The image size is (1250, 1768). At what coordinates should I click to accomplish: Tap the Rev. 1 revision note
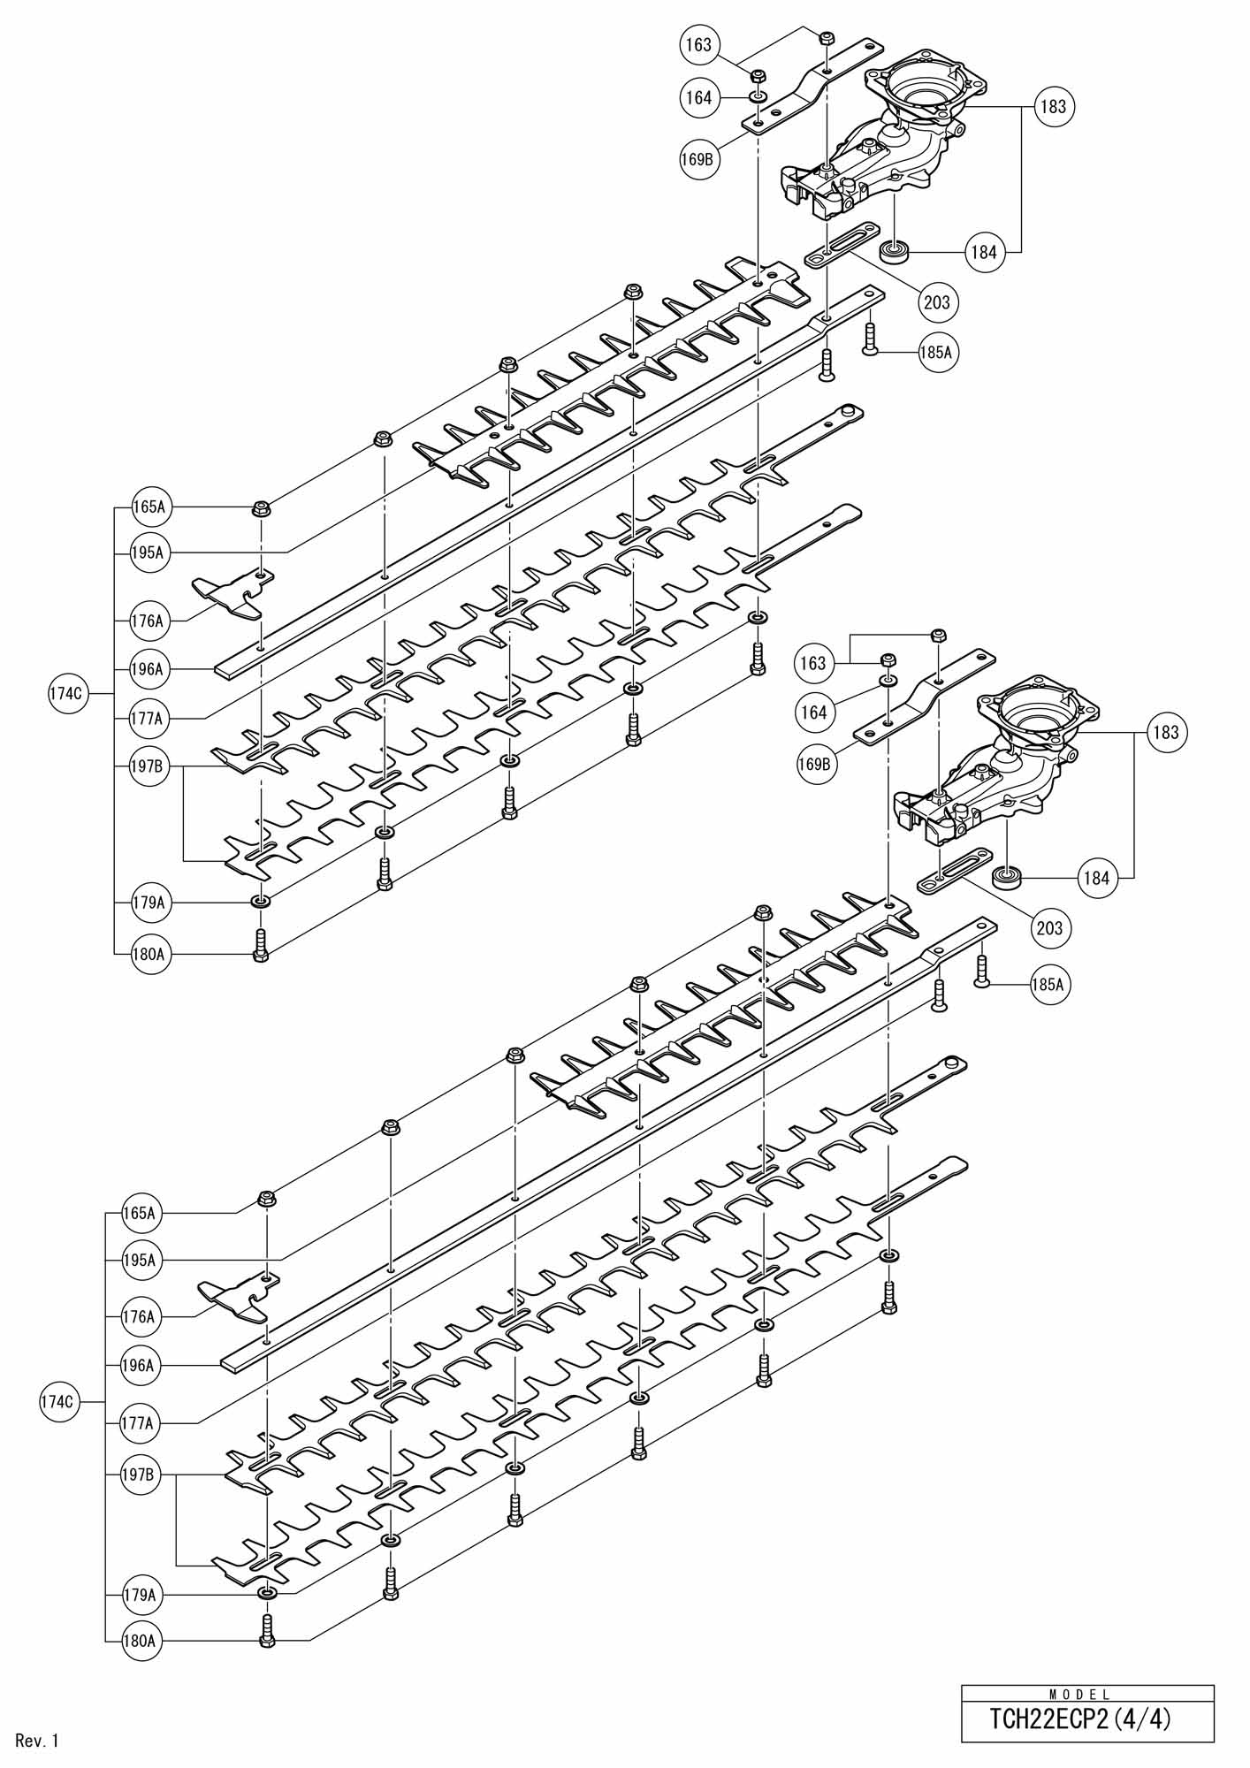pos(37,1741)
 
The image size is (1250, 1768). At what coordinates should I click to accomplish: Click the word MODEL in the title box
pos(1079,1695)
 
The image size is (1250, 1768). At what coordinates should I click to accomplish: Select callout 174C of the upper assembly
pos(66,694)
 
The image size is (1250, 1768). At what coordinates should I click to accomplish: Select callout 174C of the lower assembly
pos(57,1401)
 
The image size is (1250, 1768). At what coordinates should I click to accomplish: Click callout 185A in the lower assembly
pos(1048,984)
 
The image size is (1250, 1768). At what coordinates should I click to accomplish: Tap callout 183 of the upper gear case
pos(1053,106)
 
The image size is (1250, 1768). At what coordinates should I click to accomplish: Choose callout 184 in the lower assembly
pos(1096,878)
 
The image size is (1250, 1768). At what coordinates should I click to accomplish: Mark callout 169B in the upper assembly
pos(697,160)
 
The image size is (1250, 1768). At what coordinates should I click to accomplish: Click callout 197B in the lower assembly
pos(139,1475)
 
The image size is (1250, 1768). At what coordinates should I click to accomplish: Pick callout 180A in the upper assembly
pos(149,954)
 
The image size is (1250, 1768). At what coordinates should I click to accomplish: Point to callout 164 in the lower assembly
pos(813,712)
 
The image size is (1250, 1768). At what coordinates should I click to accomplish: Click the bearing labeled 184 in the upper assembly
pos(895,253)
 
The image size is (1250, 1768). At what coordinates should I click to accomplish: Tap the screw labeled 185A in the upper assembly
pos(870,339)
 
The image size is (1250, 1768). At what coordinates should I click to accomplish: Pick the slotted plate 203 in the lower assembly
pos(955,871)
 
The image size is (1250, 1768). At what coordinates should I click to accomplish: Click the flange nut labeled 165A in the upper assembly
pos(262,508)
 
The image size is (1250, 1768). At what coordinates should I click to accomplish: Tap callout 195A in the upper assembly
pos(149,552)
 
